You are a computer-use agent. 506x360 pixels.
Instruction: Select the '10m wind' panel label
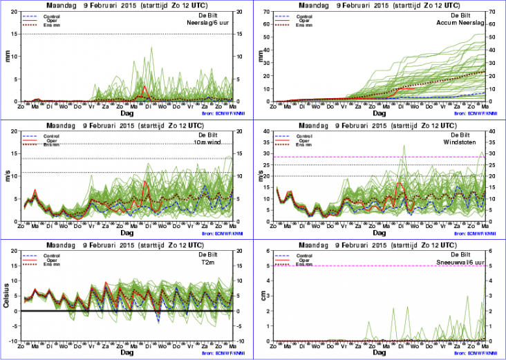220,142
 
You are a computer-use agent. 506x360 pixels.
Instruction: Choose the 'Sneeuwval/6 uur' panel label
465,263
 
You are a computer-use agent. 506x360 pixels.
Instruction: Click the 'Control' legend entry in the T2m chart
47,255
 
